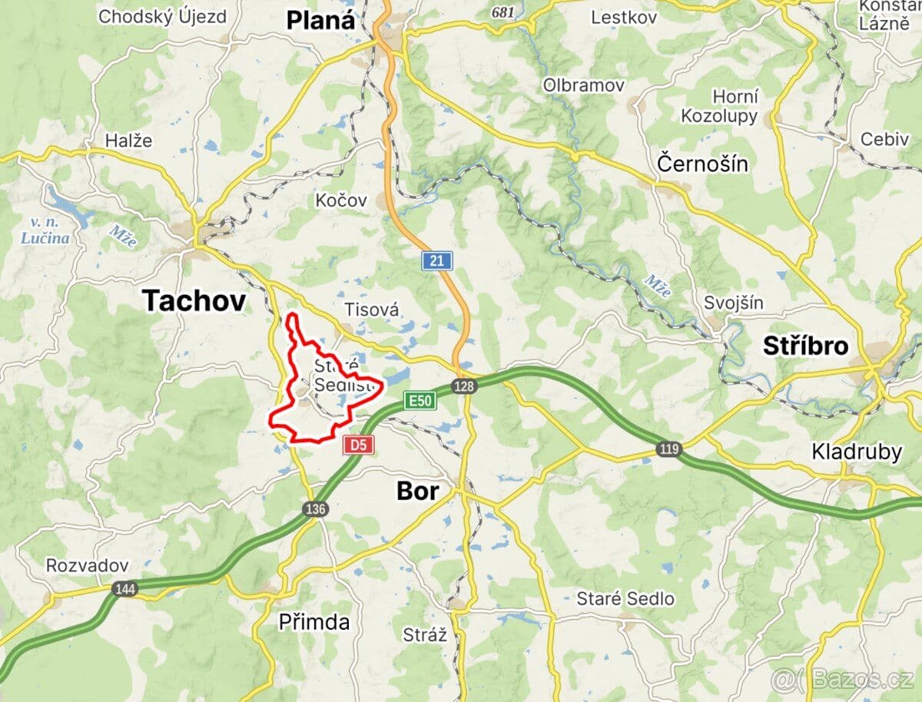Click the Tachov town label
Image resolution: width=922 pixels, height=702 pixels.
pyautogui.click(x=194, y=301)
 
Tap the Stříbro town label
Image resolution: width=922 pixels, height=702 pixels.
pyautogui.click(x=805, y=346)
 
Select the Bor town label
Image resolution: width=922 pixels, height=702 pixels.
pyautogui.click(x=418, y=491)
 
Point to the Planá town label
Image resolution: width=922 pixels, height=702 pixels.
pyautogui.click(x=321, y=20)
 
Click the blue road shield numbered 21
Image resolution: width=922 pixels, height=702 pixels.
pyautogui.click(x=436, y=261)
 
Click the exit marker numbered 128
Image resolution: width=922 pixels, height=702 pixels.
pyautogui.click(x=463, y=386)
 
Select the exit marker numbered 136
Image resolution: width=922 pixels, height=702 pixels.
pyautogui.click(x=316, y=509)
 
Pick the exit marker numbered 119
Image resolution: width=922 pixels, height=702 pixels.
pyautogui.click(x=669, y=449)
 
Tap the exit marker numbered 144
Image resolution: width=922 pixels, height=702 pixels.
pyautogui.click(x=124, y=589)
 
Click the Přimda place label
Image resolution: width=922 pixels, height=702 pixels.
pyautogui.click(x=314, y=622)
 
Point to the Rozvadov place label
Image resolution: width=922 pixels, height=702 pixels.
pyautogui.click(x=87, y=565)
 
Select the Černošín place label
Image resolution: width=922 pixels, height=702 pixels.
pyautogui.click(x=703, y=164)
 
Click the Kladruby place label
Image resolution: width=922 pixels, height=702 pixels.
pyautogui.click(x=857, y=452)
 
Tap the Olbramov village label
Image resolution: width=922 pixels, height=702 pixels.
pyautogui.click(x=584, y=84)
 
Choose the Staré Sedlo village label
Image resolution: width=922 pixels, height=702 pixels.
pyautogui.click(x=625, y=598)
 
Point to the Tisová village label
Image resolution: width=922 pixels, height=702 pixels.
pyautogui.click(x=372, y=310)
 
